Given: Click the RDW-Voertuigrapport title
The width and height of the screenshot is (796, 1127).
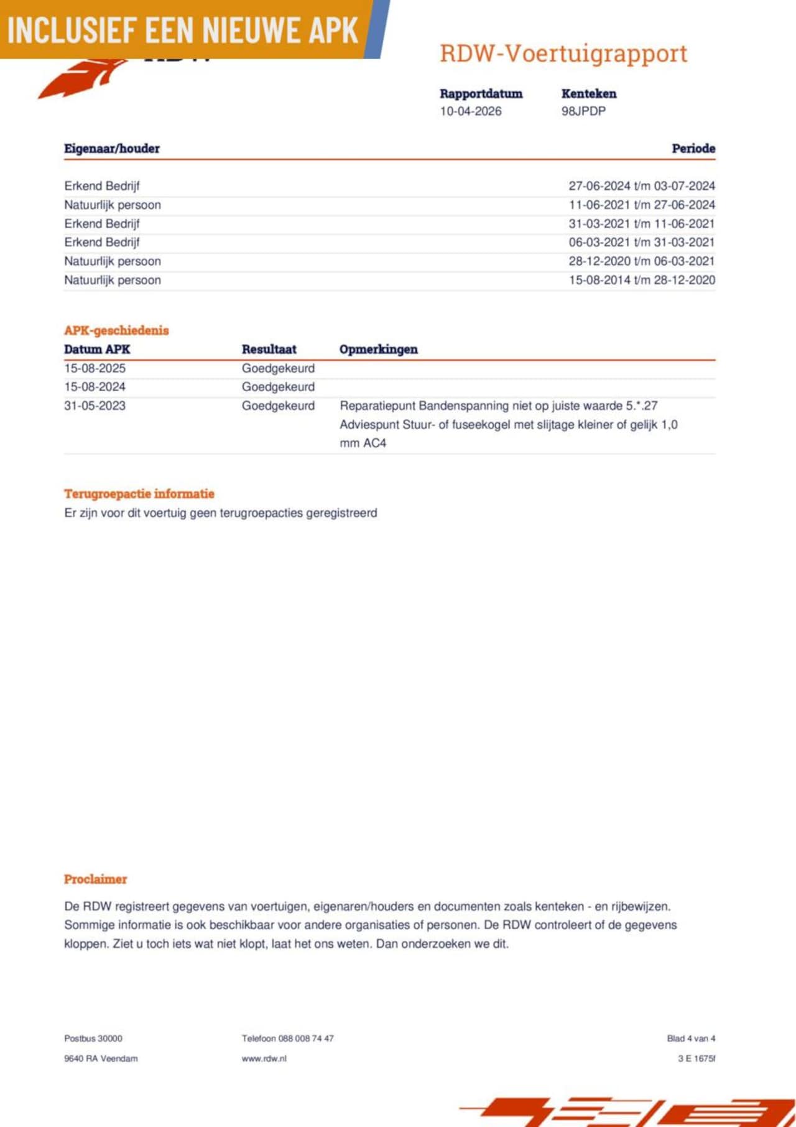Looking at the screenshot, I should (x=563, y=54).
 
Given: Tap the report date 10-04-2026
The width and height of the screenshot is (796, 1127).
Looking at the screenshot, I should (x=470, y=111).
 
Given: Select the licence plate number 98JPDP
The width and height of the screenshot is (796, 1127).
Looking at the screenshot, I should (x=583, y=111).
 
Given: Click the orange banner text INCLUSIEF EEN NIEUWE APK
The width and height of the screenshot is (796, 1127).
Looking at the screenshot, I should (x=183, y=30).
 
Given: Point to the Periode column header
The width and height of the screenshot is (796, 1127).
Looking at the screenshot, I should (x=693, y=149).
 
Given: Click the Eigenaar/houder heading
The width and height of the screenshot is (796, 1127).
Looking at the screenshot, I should (x=112, y=149).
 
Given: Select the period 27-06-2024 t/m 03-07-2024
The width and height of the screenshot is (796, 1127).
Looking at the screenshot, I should (x=641, y=186).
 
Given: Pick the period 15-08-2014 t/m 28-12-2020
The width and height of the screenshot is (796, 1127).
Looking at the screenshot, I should (x=641, y=280).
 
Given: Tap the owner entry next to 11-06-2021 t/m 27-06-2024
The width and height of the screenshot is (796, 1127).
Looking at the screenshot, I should (x=113, y=205).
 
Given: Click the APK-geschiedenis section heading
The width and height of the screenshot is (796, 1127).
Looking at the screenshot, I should (x=116, y=330).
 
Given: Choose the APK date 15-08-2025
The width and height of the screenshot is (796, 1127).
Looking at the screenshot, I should (x=95, y=368).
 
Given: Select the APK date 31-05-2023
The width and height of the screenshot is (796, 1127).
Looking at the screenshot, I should (x=95, y=406).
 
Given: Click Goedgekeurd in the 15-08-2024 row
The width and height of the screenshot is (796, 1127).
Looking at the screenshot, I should (x=278, y=387).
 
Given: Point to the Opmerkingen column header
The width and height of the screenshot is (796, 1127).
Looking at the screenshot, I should (x=378, y=350).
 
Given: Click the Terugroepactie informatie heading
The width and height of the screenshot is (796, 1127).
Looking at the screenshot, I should (x=139, y=494).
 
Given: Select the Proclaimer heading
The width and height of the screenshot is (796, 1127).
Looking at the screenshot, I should (x=95, y=879).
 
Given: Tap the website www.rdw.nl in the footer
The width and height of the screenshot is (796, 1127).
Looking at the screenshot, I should (x=264, y=1058).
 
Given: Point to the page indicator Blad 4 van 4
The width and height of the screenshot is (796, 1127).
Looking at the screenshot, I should (x=690, y=1038).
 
